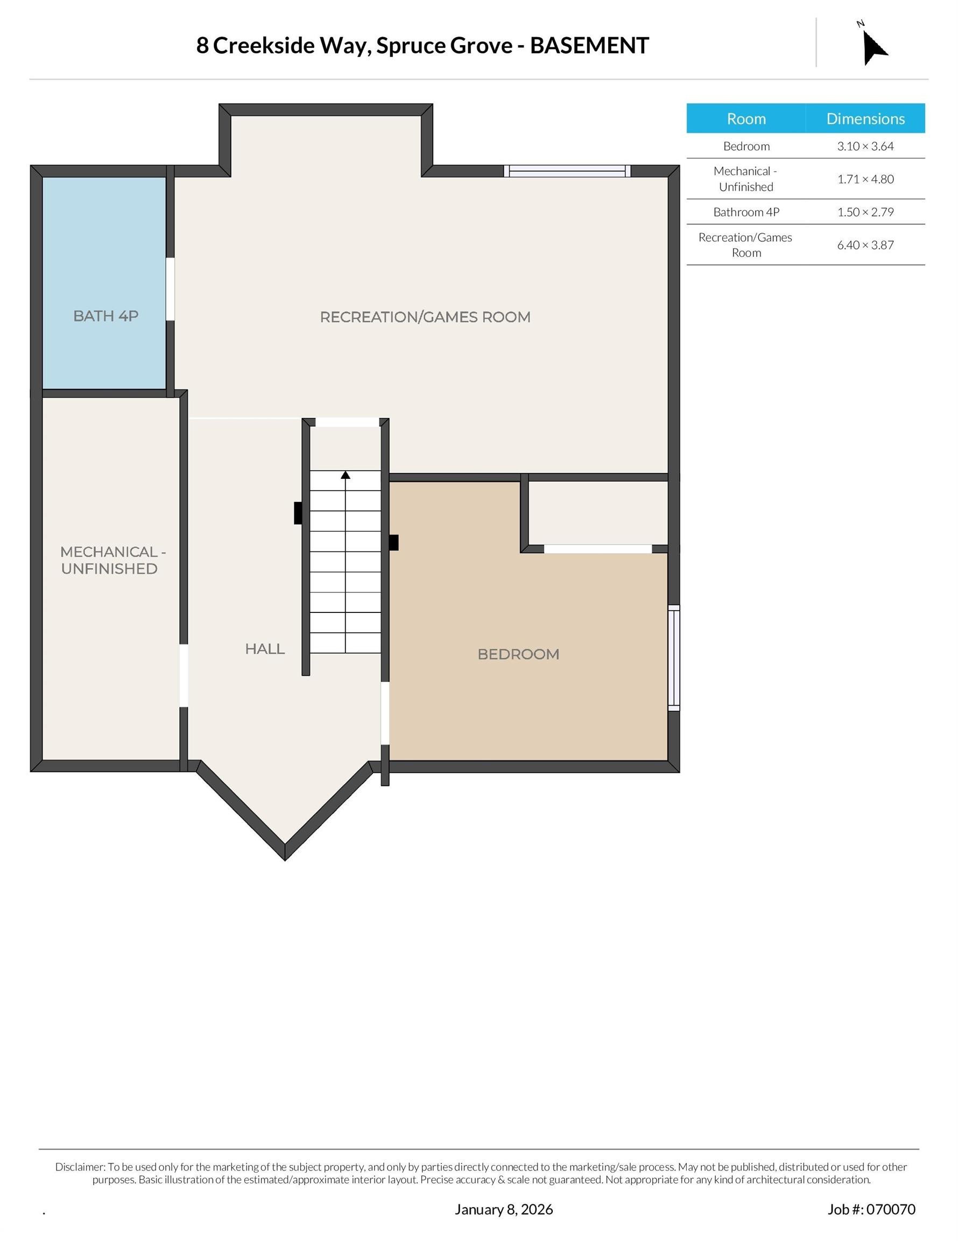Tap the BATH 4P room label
pos(105,316)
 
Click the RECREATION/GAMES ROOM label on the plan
pos(425,317)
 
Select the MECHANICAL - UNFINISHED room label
pos(112,560)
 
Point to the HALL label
pos(265,649)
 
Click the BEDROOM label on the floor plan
pos(518,654)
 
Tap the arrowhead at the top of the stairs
pos(346,475)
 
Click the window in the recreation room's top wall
pos(567,171)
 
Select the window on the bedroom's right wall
pos(673,658)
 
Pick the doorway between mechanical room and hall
pos(184,675)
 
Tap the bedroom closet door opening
pos(598,549)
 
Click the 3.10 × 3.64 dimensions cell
pos(865,147)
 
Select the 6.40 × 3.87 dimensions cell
pos(865,246)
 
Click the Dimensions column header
pos(865,118)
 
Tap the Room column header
pos(746,118)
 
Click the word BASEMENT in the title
pos(589,46)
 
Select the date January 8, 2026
pos(504,1209)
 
